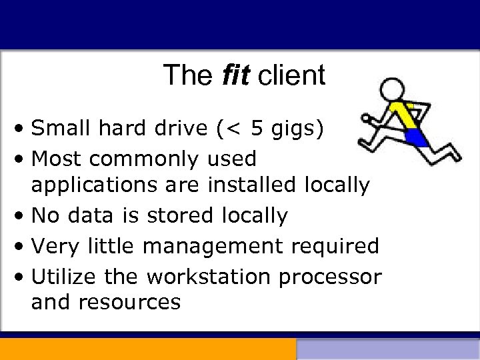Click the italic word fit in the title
235,75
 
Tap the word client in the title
291,75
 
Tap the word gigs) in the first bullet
299,128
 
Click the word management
213,246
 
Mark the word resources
129,302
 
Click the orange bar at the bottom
147,349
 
